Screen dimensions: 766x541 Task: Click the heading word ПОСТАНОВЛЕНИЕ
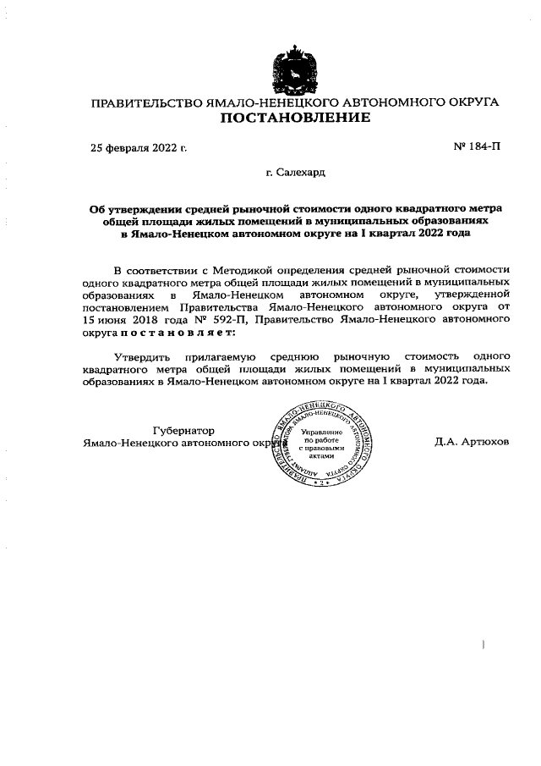pos(295,118)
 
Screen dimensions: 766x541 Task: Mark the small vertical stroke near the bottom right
pos(482,645)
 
